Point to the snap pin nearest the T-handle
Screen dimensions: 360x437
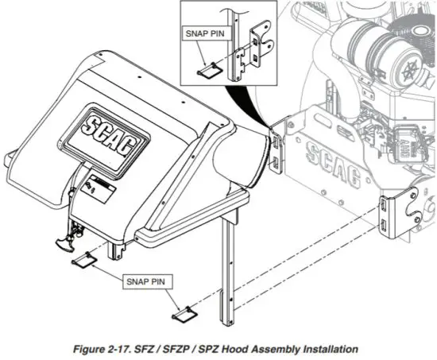pyautogui.click(x=84, y=259)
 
